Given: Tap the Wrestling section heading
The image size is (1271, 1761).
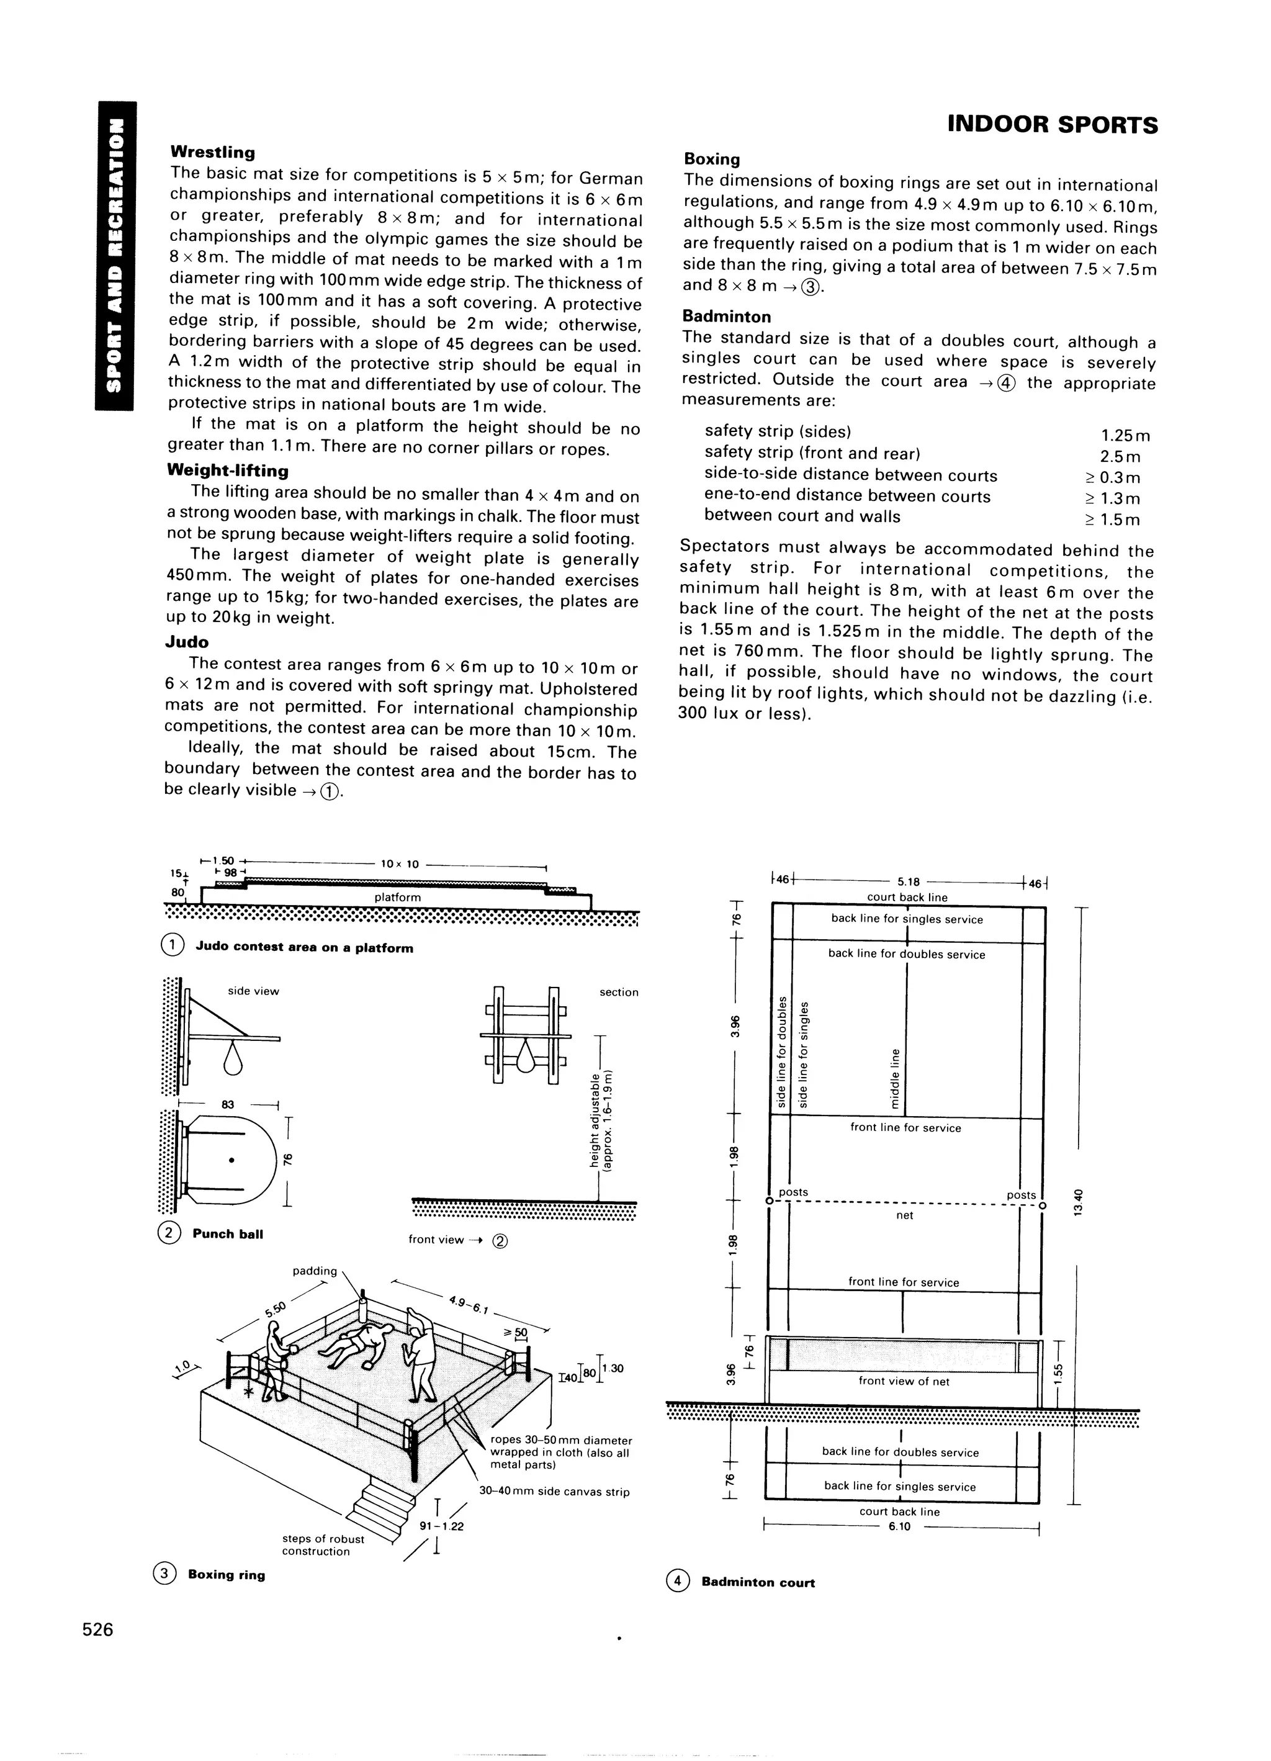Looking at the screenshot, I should tap(213, 152).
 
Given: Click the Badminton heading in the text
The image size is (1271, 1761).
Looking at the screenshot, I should tap(726, 317).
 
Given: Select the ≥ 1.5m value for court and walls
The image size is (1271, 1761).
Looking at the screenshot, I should tap(1112, 520).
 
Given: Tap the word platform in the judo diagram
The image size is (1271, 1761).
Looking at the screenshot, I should tap(398, 898).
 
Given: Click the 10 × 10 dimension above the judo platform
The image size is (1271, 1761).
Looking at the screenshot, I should tap(400, 864).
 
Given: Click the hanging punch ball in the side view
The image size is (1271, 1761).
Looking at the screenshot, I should tap(232, 1059).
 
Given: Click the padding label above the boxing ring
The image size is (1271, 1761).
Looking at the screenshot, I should tap(315, 1271).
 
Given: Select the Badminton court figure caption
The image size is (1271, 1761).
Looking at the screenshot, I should tap(757, 1582).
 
